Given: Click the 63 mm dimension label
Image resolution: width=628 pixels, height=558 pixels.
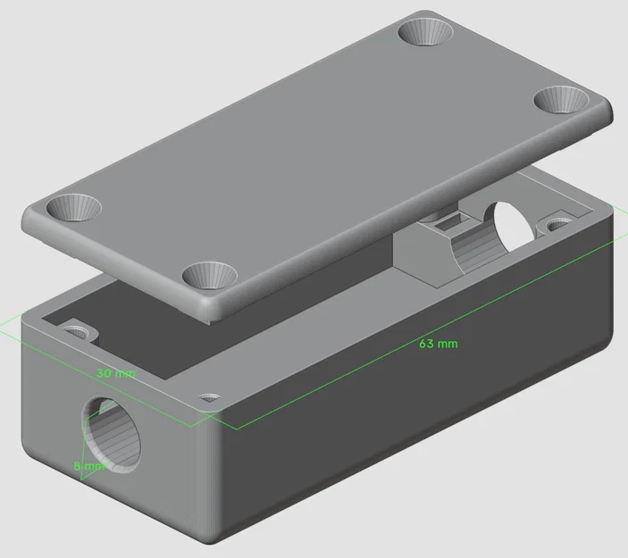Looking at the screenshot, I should coord(438,344).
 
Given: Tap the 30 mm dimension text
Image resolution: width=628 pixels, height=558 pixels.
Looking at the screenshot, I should coord(115,373).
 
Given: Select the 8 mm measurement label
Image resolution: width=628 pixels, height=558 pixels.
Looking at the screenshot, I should coord(89,466).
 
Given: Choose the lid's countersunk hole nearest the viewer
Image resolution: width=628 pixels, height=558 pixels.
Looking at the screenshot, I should coord(211,275).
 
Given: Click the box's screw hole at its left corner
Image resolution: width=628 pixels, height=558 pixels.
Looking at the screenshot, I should coord(80,330).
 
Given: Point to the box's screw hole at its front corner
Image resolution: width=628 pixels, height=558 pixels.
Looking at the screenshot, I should coord(211,398).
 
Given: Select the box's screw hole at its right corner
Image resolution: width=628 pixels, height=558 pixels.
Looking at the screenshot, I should coord(560,219).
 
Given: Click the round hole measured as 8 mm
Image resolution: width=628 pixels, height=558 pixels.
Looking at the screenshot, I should coord(114,430).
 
